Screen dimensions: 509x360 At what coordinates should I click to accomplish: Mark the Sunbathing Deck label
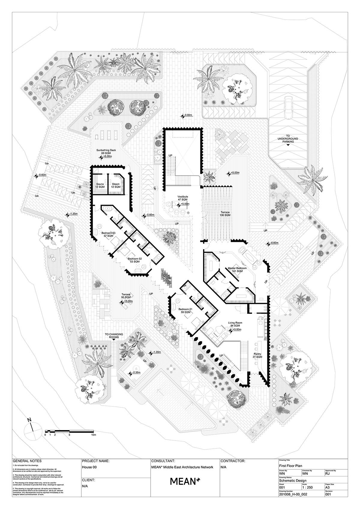pos(106,151)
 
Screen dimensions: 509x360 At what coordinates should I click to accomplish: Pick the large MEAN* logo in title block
pos(185,490)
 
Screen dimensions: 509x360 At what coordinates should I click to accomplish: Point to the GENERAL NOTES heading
pos(27,469)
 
